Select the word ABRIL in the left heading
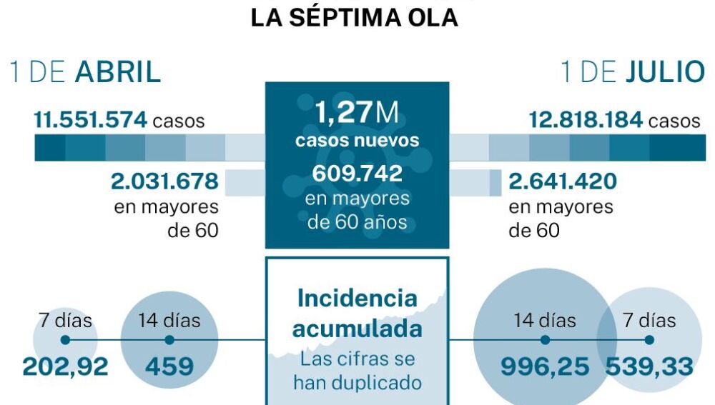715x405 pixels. coord(118,73)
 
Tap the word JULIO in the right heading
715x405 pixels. coord(665,73)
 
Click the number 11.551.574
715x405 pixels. coord(90,120)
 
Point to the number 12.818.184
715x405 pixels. coord(586,120)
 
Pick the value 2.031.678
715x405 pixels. coord(164,181)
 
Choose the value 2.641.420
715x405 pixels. coord(563,181)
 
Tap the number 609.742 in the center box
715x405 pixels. coord(357,174)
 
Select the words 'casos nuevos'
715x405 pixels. coord(357,140)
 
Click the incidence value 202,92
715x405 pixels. coord(65,367)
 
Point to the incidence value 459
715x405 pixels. coord(169,367)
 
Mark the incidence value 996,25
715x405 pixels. coord(545,367)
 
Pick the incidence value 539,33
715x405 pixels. coord(649,367)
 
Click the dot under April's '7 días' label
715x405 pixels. coord(65,341)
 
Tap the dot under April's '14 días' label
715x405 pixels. coord(169,341)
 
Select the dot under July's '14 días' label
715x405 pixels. coord(545,341)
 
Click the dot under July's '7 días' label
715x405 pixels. coord(649,341)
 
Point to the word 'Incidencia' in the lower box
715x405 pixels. coord(357,298)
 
